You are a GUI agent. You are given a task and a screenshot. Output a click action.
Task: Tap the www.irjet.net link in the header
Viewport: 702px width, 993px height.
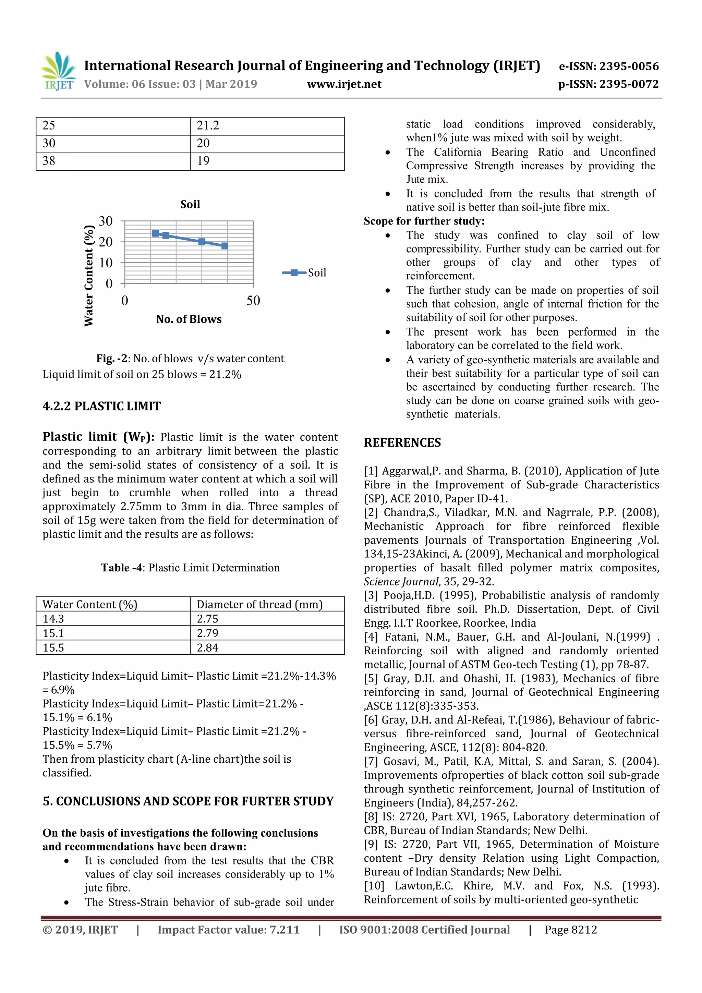(344, 84)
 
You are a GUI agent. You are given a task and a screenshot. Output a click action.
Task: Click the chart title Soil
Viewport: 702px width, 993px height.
(190, 204)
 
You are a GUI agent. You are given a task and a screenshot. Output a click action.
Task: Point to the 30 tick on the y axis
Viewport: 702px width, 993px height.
(106, 221)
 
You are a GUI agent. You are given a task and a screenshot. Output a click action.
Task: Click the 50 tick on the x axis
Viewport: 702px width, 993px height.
(253, 300)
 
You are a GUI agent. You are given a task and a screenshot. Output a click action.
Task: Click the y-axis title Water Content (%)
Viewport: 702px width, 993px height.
(89, 276)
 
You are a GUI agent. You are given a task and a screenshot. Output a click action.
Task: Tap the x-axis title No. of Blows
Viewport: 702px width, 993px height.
(189, 319)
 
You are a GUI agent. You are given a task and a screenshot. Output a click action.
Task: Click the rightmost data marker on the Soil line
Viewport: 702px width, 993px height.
(225, 246)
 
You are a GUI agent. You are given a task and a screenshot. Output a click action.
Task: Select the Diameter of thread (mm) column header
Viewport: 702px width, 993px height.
(259, 604)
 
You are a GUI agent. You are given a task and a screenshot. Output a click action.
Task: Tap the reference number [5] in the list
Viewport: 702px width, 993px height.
(371, 678)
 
